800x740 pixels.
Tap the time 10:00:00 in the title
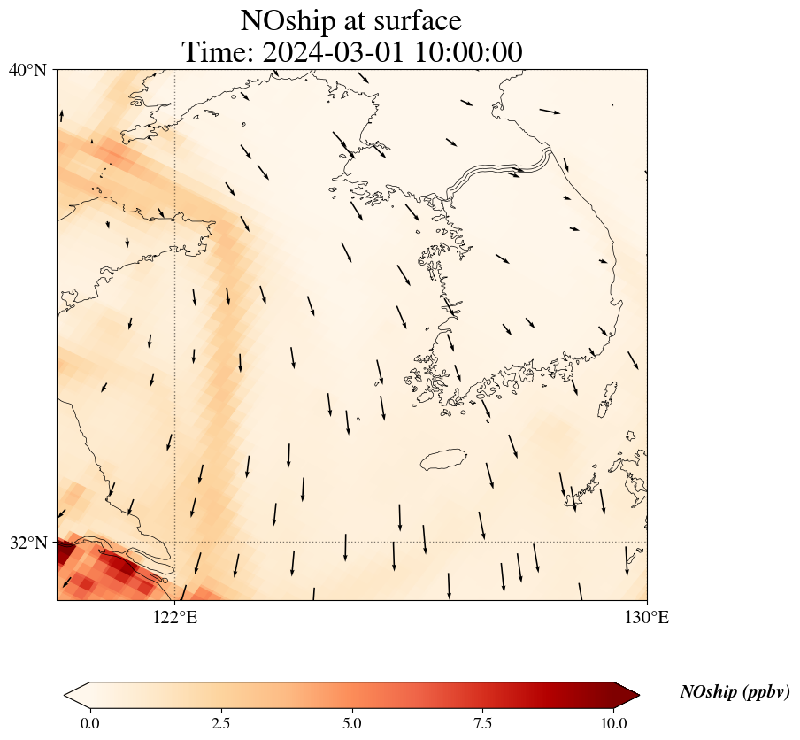click(469, 52)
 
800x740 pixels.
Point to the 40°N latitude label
click(27, 70)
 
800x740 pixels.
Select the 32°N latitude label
click(27, 543)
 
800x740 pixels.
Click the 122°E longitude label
click(175, 617)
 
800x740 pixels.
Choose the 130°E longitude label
click(647, 617)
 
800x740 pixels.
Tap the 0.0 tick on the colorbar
click(89, 723)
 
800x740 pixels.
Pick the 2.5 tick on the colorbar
click(221, 723)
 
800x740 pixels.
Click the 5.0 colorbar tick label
click(352, 723)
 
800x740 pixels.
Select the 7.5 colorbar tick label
click(483, 723)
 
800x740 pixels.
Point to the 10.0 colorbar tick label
click(614, 723)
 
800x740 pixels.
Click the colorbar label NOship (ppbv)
click(735, 692)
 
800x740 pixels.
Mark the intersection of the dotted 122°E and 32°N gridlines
click(175, 542)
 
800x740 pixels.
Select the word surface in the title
click(414, 21)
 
